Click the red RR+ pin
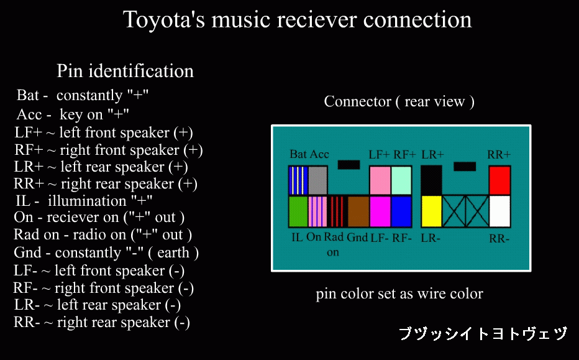click(x=499, y=180)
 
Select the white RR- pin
click(x=499, y=211)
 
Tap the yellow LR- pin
click(x=431, y=211)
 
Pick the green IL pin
click(x=298, y=211)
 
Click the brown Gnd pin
click(x=358, y=211)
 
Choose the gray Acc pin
click(x=317, y=180)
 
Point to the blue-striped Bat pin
click(x=298, y=180)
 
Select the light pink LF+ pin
click(x=380, y=180)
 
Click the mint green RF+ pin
click(x=401, y=180)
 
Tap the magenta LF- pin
click(x=380, y=211)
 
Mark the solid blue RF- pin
click(x=401, y=211)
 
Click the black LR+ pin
click(x=431, y=180)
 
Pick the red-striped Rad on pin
click(x=337, y=211)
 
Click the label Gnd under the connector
click(x=357, y=237)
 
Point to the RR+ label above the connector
click(x=499, y=154)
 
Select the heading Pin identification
click(x=125, y=71)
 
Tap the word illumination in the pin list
click(x=87, y=201)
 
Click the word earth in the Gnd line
click(x=173, y=253)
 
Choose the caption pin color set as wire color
click(x=399, y=294)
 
